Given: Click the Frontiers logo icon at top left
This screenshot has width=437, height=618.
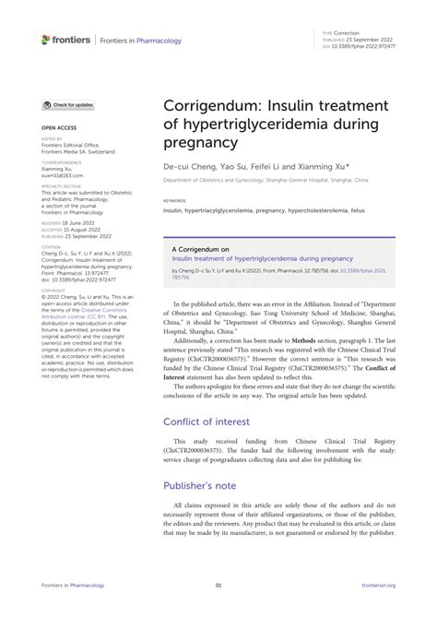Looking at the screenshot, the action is pos(46,40).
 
